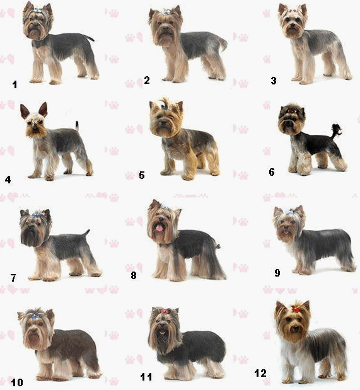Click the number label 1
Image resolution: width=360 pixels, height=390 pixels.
coord(15,84)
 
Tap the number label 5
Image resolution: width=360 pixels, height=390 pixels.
coord(142,175)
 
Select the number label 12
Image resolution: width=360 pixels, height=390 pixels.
coord(260,373)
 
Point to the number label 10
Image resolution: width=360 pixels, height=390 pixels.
coord(17,382)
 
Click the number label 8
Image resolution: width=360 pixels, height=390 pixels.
coord(134,275)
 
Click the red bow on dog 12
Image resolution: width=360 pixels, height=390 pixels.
coord(295,309)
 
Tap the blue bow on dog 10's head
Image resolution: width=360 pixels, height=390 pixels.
coord(35,314)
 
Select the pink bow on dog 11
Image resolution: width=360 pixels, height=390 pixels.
coord(165,311)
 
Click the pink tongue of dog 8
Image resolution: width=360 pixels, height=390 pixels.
coord(159,227)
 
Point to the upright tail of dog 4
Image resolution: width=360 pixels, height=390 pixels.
coord(77,126)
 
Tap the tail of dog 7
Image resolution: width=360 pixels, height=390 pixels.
coord(86,233)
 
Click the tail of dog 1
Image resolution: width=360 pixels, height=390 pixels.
coord(90,38)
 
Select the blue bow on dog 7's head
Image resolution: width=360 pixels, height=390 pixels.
coord(36,215)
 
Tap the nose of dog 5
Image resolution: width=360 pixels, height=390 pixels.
coord(163,123)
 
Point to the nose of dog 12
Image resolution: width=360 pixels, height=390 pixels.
coord(296,329)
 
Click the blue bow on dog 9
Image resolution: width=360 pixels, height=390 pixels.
coord(289,212)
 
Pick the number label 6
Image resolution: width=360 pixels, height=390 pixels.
coord(272,172)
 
